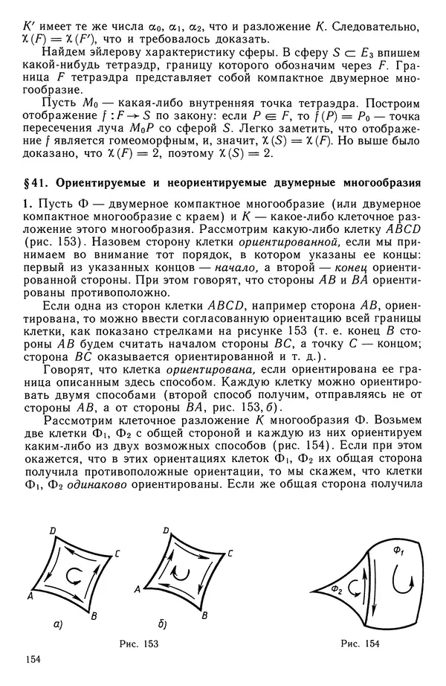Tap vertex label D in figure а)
click(x=52, y=530)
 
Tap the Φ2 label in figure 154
click(x=336, y=589)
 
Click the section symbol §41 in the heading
click(x=36, y=181)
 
